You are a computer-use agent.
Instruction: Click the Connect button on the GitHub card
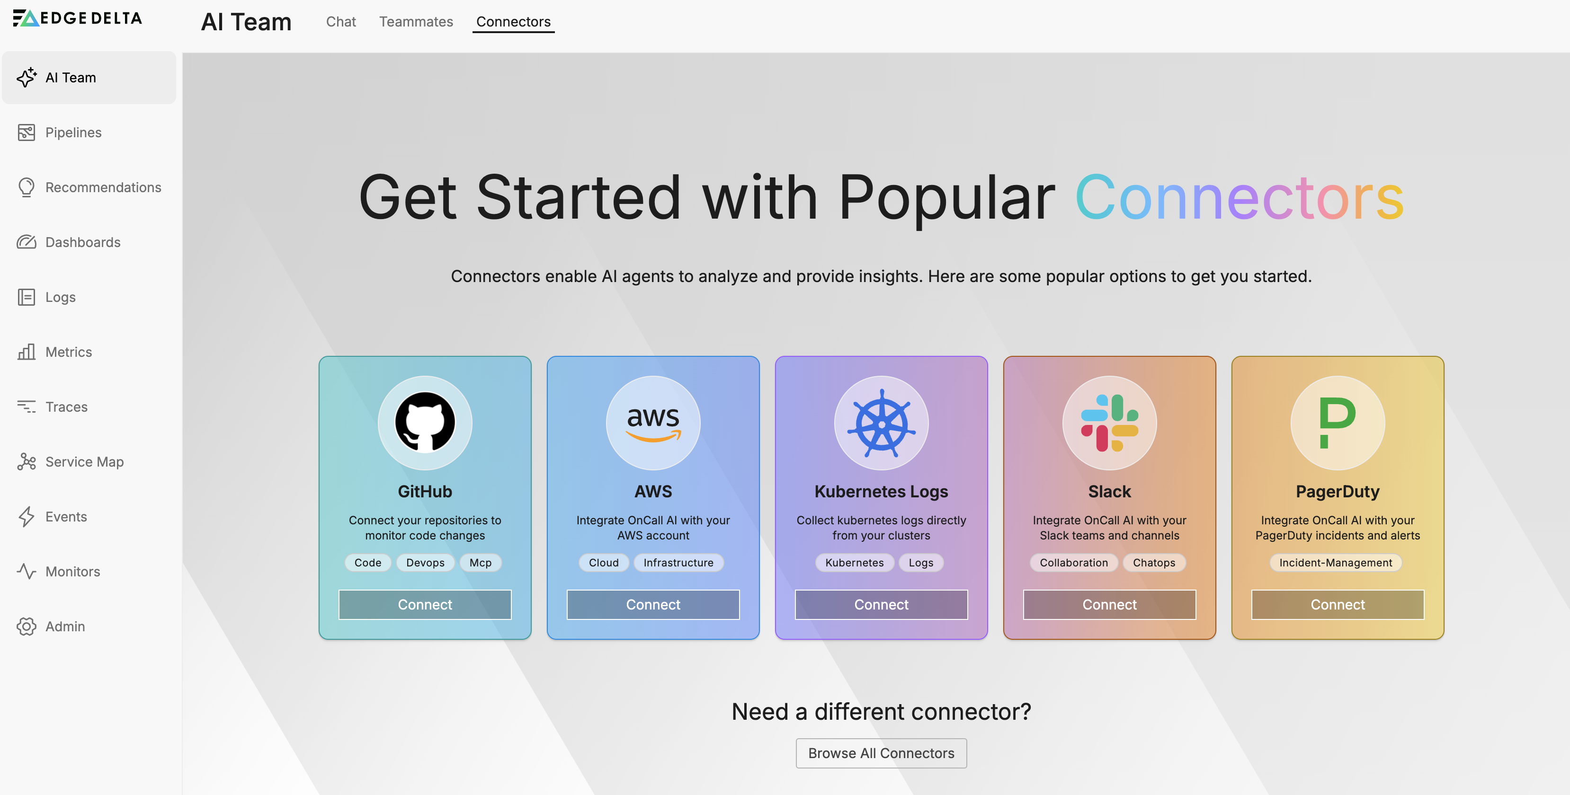click(425, 604)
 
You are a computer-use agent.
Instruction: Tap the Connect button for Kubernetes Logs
click(881, 604)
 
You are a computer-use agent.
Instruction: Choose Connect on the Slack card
click(1109, 604)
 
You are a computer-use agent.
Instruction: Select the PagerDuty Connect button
click(1338, 604)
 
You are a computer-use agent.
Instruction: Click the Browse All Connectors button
click(881, 753)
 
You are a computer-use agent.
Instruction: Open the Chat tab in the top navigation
click(341, 21)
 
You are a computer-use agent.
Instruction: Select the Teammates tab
click(416, 21)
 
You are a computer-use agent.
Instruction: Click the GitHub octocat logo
click(425, 422)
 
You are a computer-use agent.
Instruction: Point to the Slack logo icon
click(1109, 423)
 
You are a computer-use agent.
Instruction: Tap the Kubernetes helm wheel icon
click(881, 423)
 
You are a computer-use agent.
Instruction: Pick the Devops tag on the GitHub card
click(426, 562)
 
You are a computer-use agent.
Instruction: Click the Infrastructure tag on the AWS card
click(678, 562)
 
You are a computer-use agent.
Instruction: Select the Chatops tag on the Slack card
click(1154, 562)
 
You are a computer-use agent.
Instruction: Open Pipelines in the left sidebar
click(73, 132)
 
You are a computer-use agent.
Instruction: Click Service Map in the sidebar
click(84, 462)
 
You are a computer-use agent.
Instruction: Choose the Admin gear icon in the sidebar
click(26, 626)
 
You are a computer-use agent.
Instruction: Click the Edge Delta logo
click(77, 18)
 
